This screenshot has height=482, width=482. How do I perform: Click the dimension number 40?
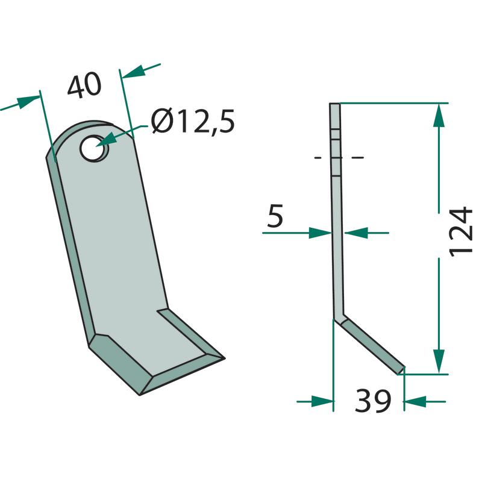pos(84,86)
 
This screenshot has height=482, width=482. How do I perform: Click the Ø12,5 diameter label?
pos(193,121)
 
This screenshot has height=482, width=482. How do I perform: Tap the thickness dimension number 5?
pos(275,216)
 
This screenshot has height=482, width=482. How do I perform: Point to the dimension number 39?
pos(373,401)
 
